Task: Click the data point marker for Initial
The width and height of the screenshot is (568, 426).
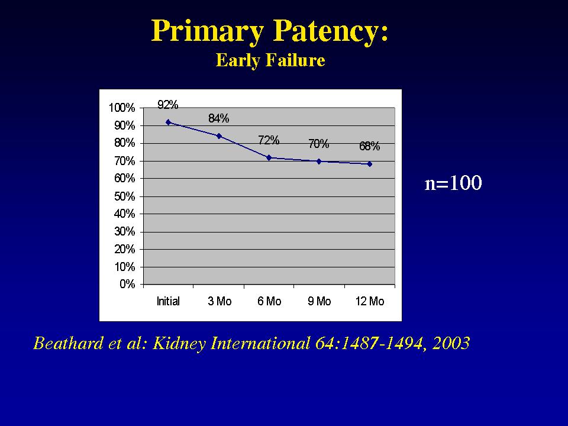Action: point(168,122)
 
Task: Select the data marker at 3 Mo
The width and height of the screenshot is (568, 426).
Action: point(219,136)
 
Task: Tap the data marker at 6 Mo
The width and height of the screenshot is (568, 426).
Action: point(269,157)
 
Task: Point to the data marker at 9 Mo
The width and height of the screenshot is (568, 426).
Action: point(319,161)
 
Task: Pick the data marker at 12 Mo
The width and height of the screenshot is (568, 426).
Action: point(369,164)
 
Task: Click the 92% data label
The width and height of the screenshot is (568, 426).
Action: point(167,105)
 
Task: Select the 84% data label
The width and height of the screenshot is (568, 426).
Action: point(218,118)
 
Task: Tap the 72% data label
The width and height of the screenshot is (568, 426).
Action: point(269,140)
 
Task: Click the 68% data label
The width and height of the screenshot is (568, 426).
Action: point(369,146)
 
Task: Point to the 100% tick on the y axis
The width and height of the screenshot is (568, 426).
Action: point(122,108)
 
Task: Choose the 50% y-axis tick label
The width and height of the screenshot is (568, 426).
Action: point(125,196)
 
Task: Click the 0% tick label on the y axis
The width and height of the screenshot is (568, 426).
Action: point(127,284)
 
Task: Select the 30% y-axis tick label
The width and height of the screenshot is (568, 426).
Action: point(125,231)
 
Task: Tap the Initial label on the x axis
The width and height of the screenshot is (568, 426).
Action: point(168,301)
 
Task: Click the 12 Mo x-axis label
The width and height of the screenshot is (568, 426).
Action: point(370,301)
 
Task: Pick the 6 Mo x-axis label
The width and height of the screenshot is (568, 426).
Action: point(269,301)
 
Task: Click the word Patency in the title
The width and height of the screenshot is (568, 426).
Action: point(330,31)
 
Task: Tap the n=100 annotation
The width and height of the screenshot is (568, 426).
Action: point(453,183)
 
